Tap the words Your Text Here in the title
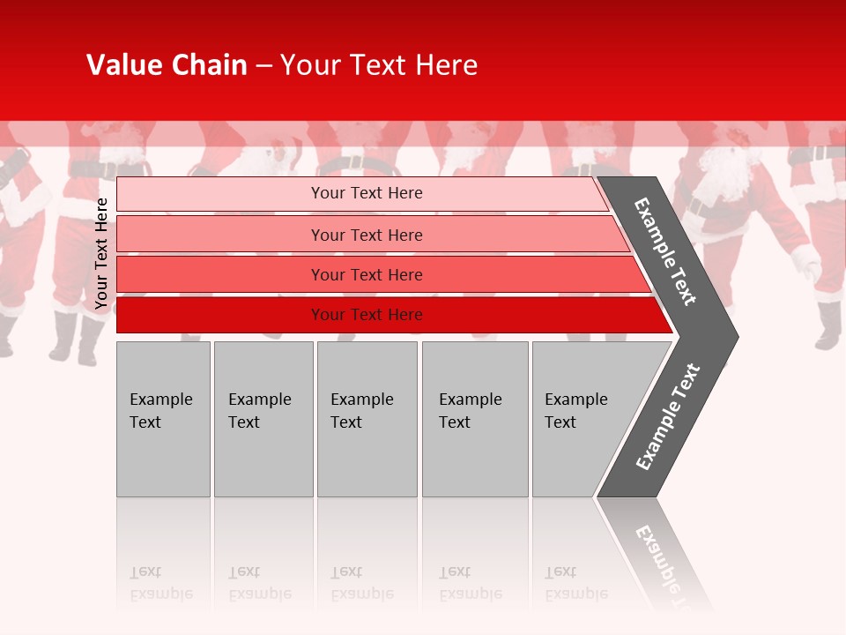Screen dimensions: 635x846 [x=379, y=65]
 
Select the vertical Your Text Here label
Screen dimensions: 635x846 [x=101, y=254]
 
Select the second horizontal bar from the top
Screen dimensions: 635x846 [x=366, y=235]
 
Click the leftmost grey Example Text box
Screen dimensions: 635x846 [x=163, y=419]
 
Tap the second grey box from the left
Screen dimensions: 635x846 [x=263, y=419]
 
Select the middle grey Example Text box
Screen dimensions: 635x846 [x=367, y=419]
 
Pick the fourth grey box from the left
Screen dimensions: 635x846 [x=475, y=419]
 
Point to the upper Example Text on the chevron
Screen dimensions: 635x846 [x=666, y=251]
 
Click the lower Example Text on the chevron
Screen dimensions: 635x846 [x=668, y=417]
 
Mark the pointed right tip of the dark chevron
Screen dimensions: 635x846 [x=736, y=336]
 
